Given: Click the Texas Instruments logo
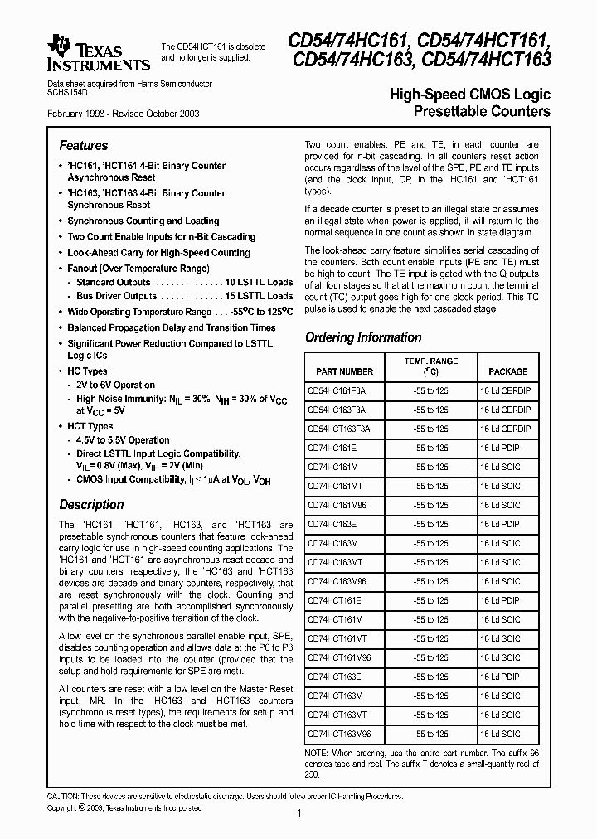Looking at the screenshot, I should [x=99, y=54].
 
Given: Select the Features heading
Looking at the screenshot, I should [x=83, y=145].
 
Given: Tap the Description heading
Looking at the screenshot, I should [x=91, y=504].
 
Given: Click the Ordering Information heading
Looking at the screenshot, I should [x=363, y=337].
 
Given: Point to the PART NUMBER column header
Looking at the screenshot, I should [x=340, y=371].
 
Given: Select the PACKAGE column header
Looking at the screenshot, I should [x=507, y=371].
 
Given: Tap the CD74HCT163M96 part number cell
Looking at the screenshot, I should [x=339, y=734].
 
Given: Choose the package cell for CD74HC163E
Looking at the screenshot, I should [x=500, y=524].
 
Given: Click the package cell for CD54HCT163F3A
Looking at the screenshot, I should [x=504, y=429].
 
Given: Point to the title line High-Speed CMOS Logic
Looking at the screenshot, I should [x=469, y=95].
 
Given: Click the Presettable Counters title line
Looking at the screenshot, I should [x=481, y=111].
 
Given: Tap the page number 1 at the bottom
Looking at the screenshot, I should [x=298, y=814].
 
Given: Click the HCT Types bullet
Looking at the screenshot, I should [x=90, y=426].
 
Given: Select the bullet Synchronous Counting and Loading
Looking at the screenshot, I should [x=143, y=221].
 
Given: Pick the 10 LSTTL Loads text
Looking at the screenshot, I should [x=259, y=282].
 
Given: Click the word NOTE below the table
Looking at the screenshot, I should [x=317, y=752].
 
